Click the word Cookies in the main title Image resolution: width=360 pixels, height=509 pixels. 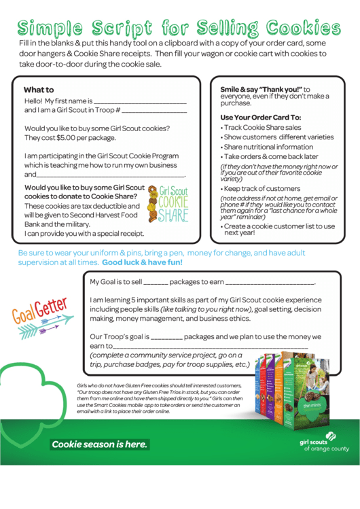(303, 28)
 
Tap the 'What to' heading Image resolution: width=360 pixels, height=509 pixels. (39, 90)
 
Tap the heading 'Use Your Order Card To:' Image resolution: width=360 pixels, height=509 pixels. (261, 117)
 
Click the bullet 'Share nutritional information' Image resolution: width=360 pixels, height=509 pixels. (268, 147)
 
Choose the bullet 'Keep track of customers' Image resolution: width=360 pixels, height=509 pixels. (262, 188)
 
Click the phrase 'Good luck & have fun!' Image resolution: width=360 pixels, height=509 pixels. (142, 262)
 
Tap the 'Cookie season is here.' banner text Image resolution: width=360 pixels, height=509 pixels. (99, 444)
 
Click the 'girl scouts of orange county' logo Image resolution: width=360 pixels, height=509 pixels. (325, 445)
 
